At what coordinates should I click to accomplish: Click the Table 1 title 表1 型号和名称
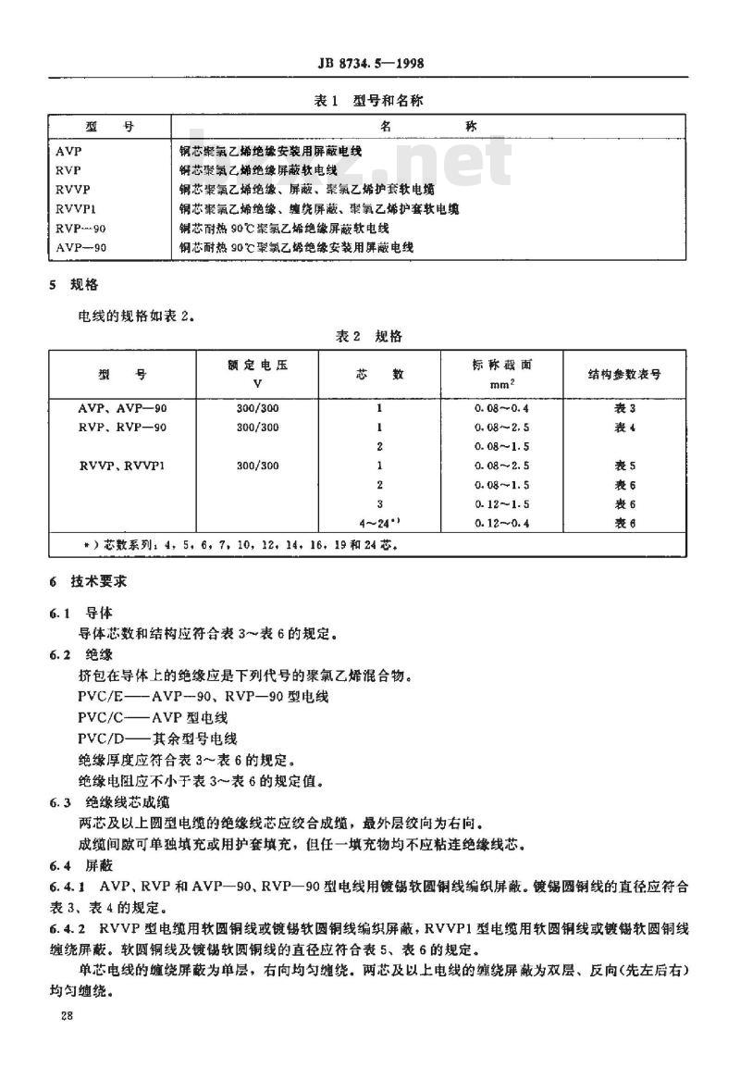pos(369,100)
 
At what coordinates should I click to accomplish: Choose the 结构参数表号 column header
pos(624,375)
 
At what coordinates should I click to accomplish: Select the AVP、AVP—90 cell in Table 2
pos(121,408)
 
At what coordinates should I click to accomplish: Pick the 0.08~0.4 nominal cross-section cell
pos(500,408)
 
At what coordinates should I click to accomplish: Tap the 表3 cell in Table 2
pos(625,408)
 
